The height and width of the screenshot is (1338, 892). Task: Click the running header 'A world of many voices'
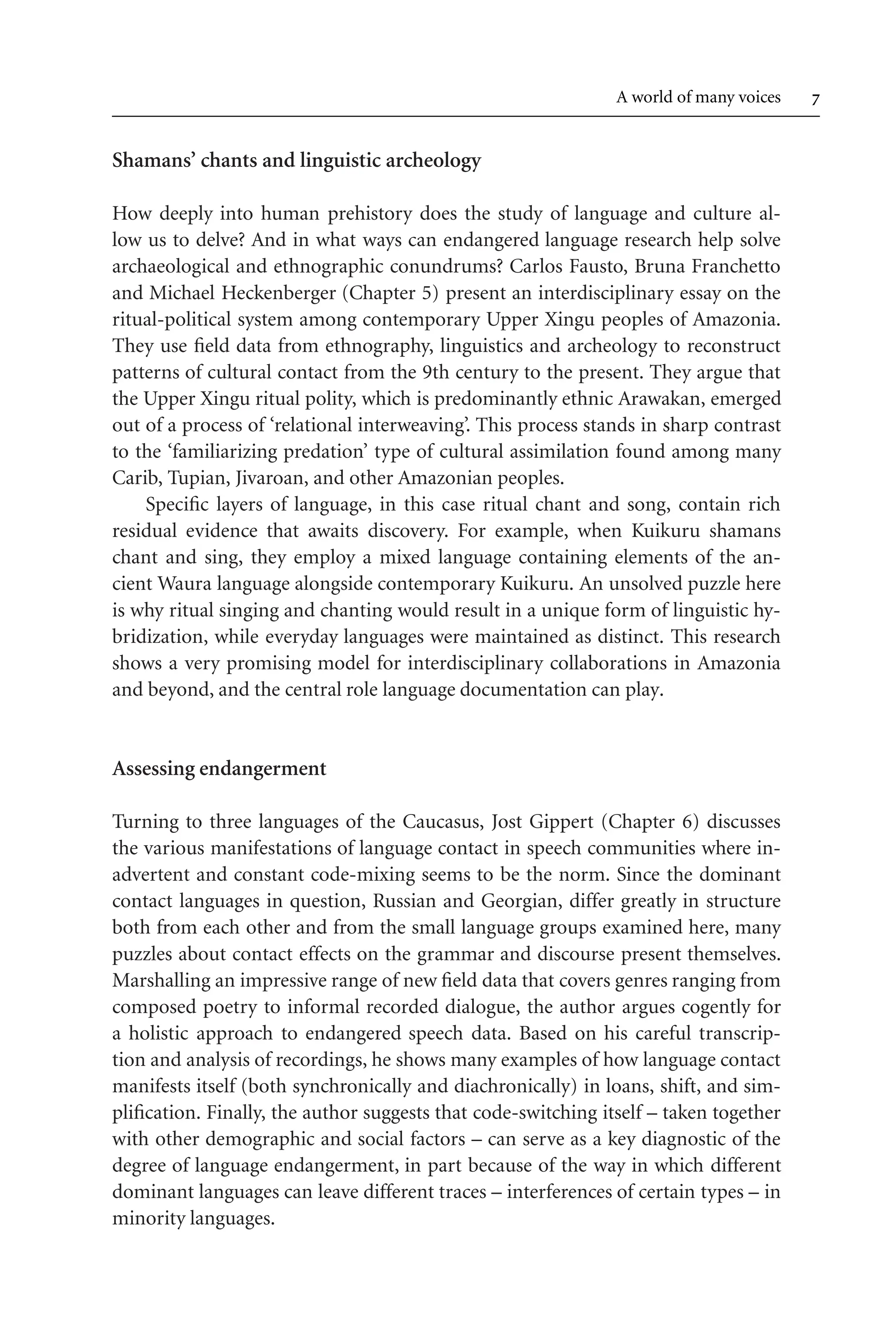[x=698, y=98]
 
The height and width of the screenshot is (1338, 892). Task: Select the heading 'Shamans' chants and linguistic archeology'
[x=296, y=161]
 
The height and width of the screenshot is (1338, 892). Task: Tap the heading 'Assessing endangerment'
[x=219, y=769]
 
